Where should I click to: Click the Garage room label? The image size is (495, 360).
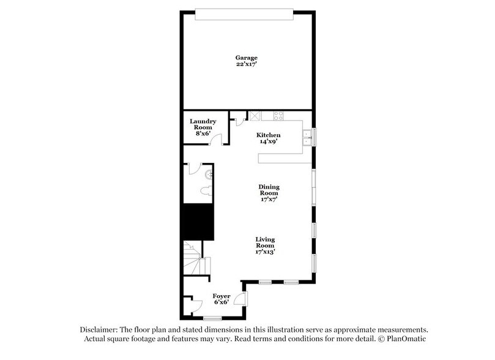[x=247, y=58]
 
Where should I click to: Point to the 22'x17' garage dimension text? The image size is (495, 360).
[x=247, y=65]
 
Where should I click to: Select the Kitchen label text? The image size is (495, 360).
[x=268, y=134]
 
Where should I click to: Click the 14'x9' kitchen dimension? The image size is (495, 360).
[x=268, y=141]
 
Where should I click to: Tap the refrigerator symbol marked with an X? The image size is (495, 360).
[x=254, y=115]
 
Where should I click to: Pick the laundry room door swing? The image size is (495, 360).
[x=214, y=139]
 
